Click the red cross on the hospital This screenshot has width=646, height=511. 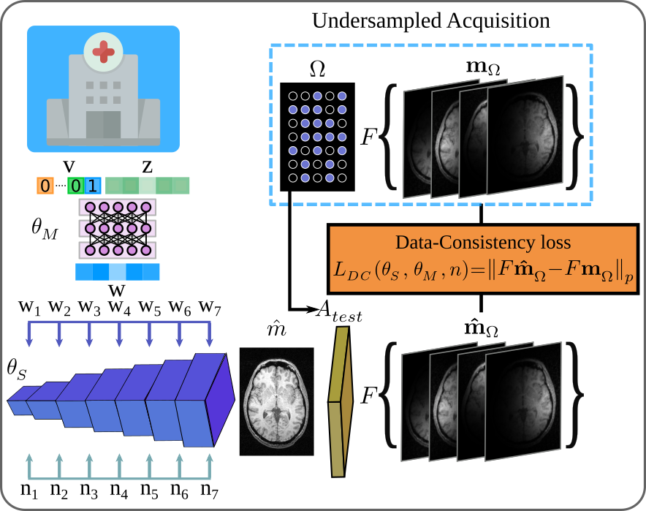pos(103,52)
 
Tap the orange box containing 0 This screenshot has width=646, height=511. pos(45,186)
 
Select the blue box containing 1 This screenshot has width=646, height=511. pos(93,186)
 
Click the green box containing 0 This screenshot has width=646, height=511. pos(76,186)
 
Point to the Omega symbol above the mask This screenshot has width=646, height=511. pos(317,69)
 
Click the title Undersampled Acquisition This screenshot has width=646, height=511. pos(431,20)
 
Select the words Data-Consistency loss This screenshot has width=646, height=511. pos(483,242)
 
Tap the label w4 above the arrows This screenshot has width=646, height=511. pos(119,308)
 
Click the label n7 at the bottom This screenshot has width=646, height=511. pos(210,491)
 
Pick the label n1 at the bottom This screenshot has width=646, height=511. pos(29,491)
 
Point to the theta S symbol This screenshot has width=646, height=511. pos(17,369)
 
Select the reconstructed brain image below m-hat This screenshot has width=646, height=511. pos(276,401)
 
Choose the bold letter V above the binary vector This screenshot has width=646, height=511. pos(69,167)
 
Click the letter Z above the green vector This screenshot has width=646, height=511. pos(147,167)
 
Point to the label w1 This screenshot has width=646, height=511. pos(29,308)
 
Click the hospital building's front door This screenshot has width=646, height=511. pos(103,124)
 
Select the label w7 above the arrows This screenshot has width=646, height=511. pos(210,308)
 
